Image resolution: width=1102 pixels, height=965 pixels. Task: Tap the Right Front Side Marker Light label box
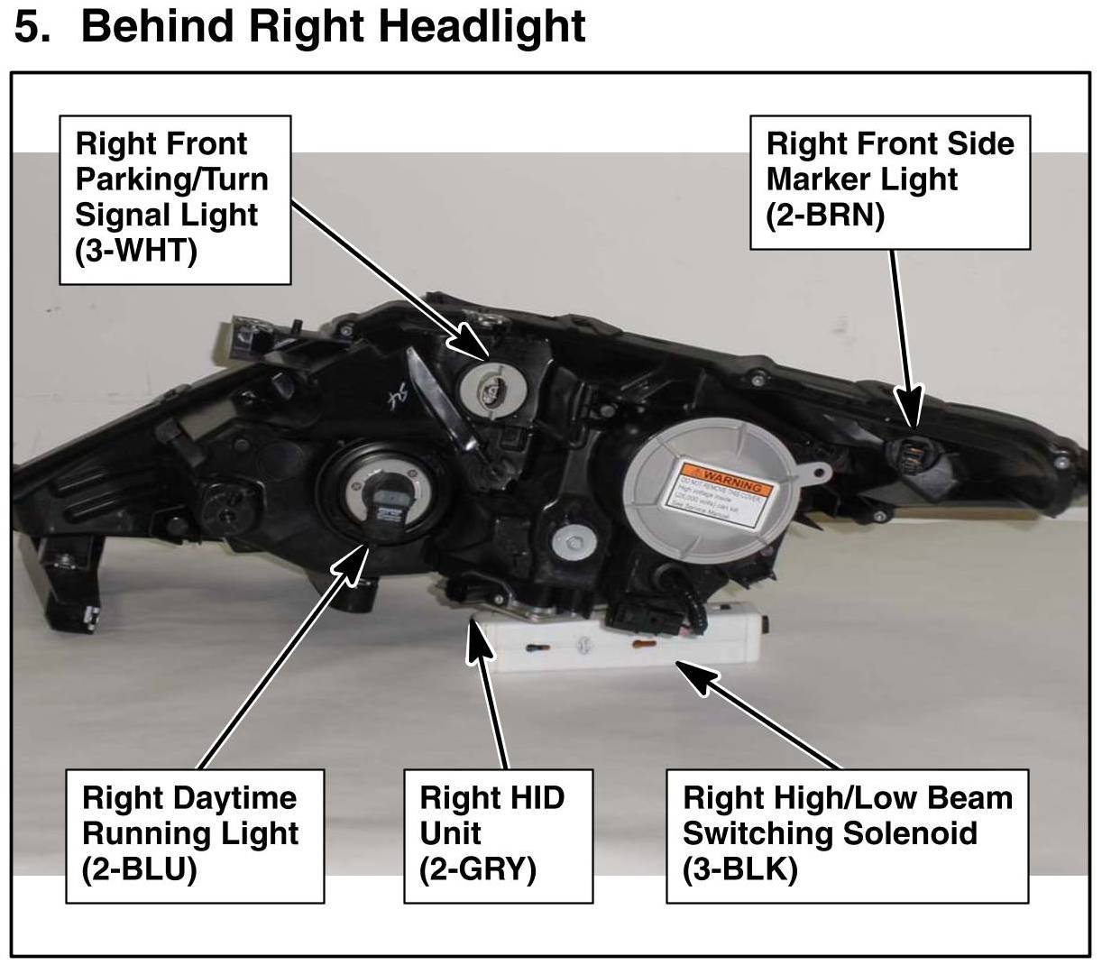pos(890,180)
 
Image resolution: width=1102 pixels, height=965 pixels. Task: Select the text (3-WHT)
pos(136,251)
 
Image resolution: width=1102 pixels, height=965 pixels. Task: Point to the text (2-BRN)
pos(824,216)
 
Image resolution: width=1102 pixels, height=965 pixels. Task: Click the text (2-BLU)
pos(139,869)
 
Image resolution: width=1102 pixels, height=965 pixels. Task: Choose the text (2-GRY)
pos(478,869)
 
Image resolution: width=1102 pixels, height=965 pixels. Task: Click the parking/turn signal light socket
pos(486,385)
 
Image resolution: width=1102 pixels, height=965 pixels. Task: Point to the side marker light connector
pos(915,450)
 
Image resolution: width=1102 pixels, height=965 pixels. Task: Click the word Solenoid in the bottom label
pos(907,833)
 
